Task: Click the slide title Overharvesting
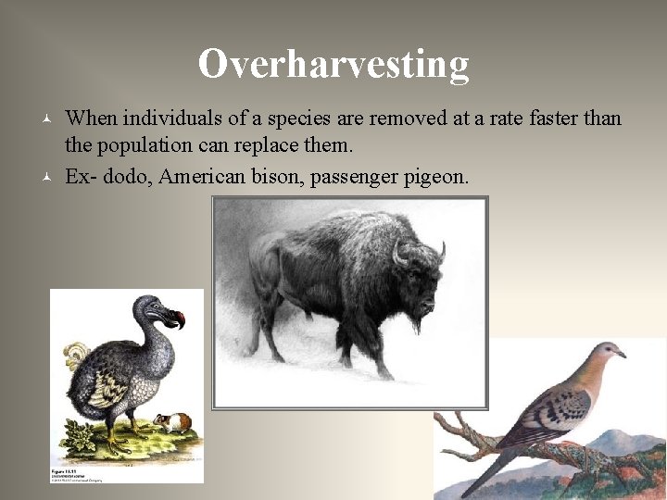coord(333,64)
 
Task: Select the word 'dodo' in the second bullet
coord(129,176)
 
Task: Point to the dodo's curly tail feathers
coord(76,354)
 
